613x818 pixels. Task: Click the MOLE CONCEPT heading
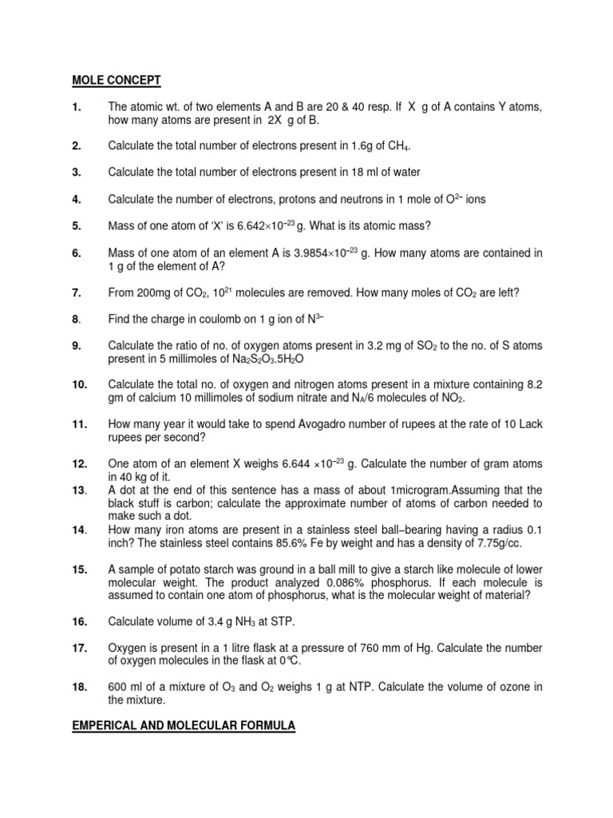pos(117,80)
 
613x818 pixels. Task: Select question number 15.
pos(79,569)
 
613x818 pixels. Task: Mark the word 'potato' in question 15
pos(185,569)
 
